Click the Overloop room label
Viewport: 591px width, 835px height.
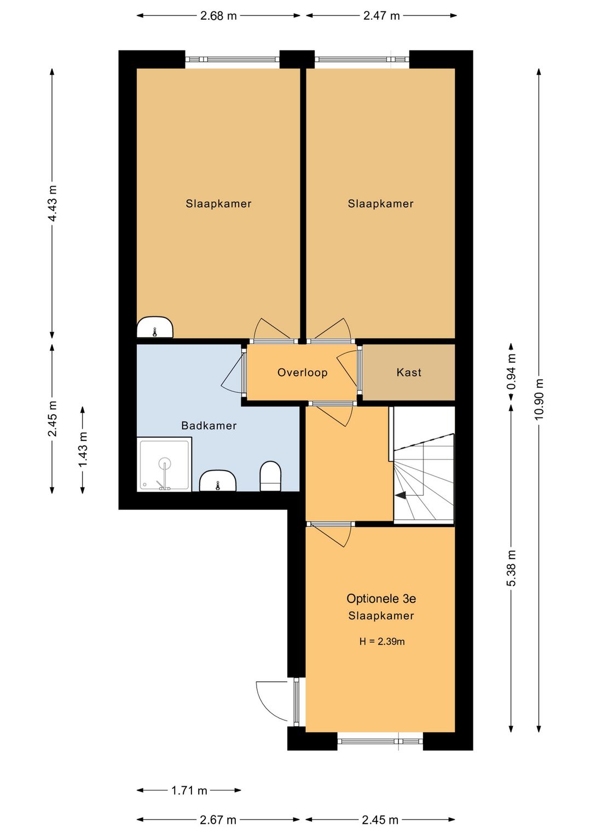(302, 373)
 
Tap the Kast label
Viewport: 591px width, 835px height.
(409, 373)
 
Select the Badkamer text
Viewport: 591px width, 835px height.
(209, 426)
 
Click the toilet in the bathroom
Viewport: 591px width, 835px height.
(270, 476)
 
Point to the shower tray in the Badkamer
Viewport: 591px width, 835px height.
(164, 465)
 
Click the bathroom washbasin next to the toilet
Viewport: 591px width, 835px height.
(218, 480)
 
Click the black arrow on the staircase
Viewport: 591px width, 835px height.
(401, 495)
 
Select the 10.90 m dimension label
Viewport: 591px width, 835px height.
(539, 399)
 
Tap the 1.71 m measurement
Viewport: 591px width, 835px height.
(189, 789)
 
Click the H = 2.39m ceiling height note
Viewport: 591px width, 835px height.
(382, 641)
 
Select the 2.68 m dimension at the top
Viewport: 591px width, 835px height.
(218, 16)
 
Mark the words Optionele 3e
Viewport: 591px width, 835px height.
(381, 598)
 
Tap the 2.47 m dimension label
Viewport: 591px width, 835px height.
(381, 16)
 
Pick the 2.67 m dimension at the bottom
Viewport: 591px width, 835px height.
(218, 819)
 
